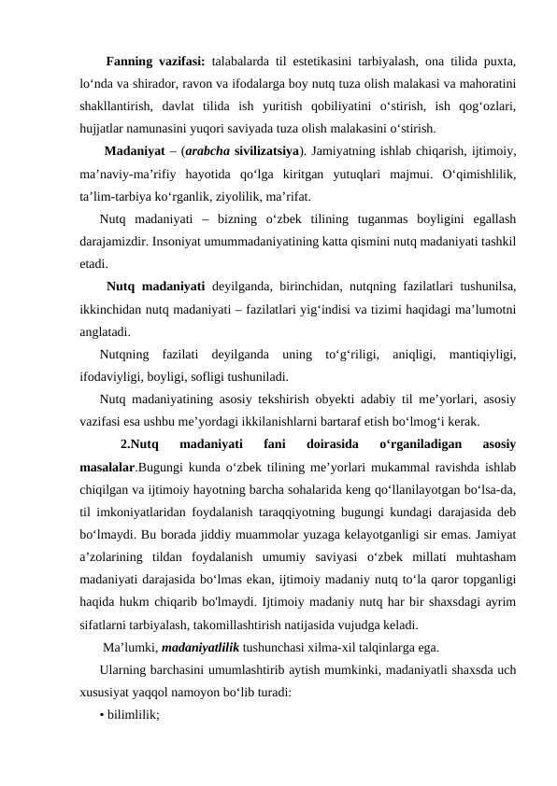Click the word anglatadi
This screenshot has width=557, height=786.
pos(105,330)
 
